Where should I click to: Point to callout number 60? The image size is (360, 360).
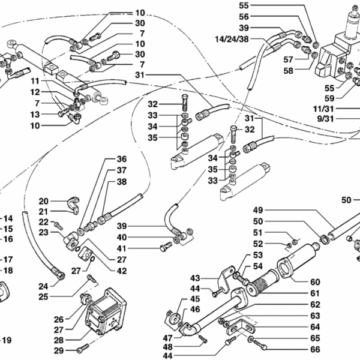pyautogui.click(x=315, y=282)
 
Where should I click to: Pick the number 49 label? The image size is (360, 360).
pyautogui.click(x=258, y=210)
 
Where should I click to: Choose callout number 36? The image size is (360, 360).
pyautogui.click(x=122, y=160)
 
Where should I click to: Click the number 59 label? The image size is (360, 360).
pyautogui.click(x=346, y=98)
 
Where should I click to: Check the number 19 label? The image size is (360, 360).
pyautogui.click(x=7, y=341)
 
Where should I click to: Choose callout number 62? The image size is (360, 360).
pyautogui.click(x=315, y=304)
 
